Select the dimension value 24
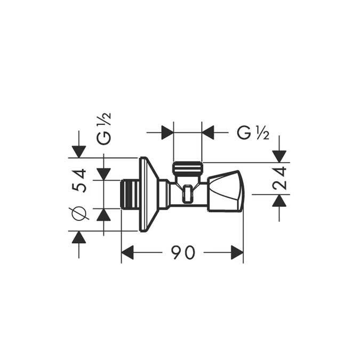[279, 178]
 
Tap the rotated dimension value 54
[79, 180]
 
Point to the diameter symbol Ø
[79, 213]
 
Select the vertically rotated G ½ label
[103, 129]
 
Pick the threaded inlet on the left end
[129, 194]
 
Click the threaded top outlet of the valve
[187, 169]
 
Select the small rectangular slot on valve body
[187, 195]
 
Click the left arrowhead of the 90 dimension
[127, 253]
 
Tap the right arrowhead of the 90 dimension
[237, 253]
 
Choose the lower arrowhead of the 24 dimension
[279, 201]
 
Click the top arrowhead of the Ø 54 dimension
[79, 151]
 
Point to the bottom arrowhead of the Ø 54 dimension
[79, 237]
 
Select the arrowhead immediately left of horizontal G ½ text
[208, 132]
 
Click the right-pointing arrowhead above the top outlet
[167, 132]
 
